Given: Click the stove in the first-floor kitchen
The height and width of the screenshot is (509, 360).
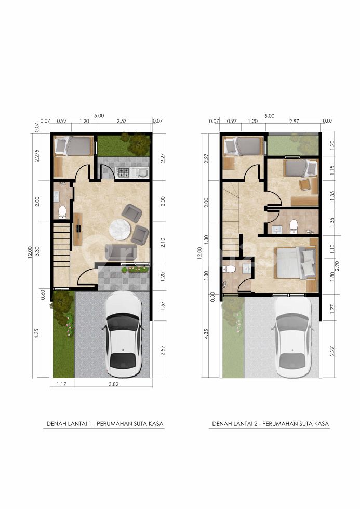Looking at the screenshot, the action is pos(123,172).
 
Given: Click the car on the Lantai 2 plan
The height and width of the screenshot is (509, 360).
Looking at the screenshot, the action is pos(292,338).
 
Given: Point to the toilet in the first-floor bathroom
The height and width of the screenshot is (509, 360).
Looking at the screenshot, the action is pos(62,212).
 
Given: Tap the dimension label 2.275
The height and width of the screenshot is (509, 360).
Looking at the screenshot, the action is pos(37,156).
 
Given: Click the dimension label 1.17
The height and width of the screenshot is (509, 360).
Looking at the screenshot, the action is pos(61,384).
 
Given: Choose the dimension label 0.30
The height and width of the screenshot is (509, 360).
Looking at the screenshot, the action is pos(212,296).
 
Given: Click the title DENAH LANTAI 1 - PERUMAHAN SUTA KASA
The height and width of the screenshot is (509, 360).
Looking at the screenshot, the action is pos(105,424).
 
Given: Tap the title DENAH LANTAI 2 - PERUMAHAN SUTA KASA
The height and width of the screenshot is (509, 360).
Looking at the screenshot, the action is pos(271,424).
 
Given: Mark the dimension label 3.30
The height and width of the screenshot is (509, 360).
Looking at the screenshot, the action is pos(37,251).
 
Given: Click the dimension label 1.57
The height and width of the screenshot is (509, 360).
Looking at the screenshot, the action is pos(163,305).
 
